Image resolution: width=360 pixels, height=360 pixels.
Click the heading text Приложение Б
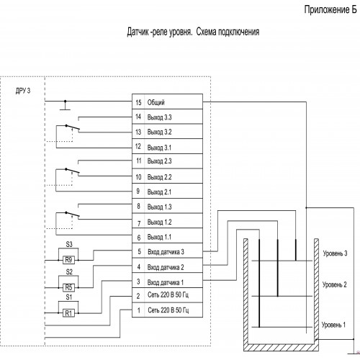(x=330, y=10)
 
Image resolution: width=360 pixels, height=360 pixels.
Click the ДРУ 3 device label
(x=23, y=91)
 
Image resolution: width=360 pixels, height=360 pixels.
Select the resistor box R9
(x=68, y=260)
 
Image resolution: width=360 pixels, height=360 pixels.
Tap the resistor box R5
(x=68, y=287)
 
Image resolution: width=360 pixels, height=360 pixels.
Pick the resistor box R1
(x=68, y=313)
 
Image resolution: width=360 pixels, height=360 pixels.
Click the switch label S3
(x=69, y=244)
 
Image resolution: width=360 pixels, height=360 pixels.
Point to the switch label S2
(x=69, y=271)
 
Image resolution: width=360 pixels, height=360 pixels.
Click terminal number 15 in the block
(x=138, y=102)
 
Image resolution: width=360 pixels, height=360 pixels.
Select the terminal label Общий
(x=156, y=102)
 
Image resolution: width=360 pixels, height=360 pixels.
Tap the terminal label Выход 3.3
(x=159, y=117)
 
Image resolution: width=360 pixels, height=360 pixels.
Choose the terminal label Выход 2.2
(x=159, y=177)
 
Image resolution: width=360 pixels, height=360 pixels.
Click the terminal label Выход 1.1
(x=159, y=237)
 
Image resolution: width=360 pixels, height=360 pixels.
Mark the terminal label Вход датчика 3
(x=166, y=252)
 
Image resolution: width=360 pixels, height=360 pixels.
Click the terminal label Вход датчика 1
(x=166, y=282)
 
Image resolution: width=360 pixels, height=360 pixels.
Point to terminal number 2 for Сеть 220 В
(x=138, y=296)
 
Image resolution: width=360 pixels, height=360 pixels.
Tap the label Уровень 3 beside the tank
(x=335, y=253)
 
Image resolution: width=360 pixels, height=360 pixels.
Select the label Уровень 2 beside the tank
(x=335, y=284)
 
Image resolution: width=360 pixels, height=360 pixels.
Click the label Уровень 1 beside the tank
(x=333, y=325)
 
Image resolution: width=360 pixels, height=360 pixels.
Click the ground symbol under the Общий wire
(x=65, y=106)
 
